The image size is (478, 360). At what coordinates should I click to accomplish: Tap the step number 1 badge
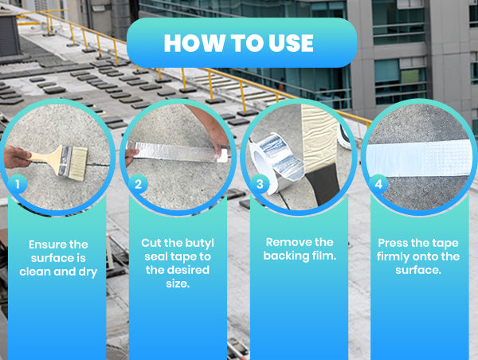18,184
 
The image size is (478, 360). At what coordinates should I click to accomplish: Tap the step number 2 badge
138,184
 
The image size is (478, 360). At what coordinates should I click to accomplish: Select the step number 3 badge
260,184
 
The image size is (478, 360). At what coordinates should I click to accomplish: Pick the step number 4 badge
378,184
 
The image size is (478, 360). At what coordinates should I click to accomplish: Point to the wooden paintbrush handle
43,158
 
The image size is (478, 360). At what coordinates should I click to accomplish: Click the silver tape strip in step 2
179,152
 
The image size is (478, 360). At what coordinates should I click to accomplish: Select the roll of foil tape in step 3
272,162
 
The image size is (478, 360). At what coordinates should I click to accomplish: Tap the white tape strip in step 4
418,158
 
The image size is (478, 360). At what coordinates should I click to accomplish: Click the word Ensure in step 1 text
47,245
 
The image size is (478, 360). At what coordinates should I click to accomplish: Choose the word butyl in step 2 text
199,243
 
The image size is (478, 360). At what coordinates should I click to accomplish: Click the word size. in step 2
178,284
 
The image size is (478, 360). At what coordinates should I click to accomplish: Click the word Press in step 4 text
392,243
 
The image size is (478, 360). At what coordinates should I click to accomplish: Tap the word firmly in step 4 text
393,256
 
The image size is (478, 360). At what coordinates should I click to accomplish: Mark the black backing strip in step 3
323,183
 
